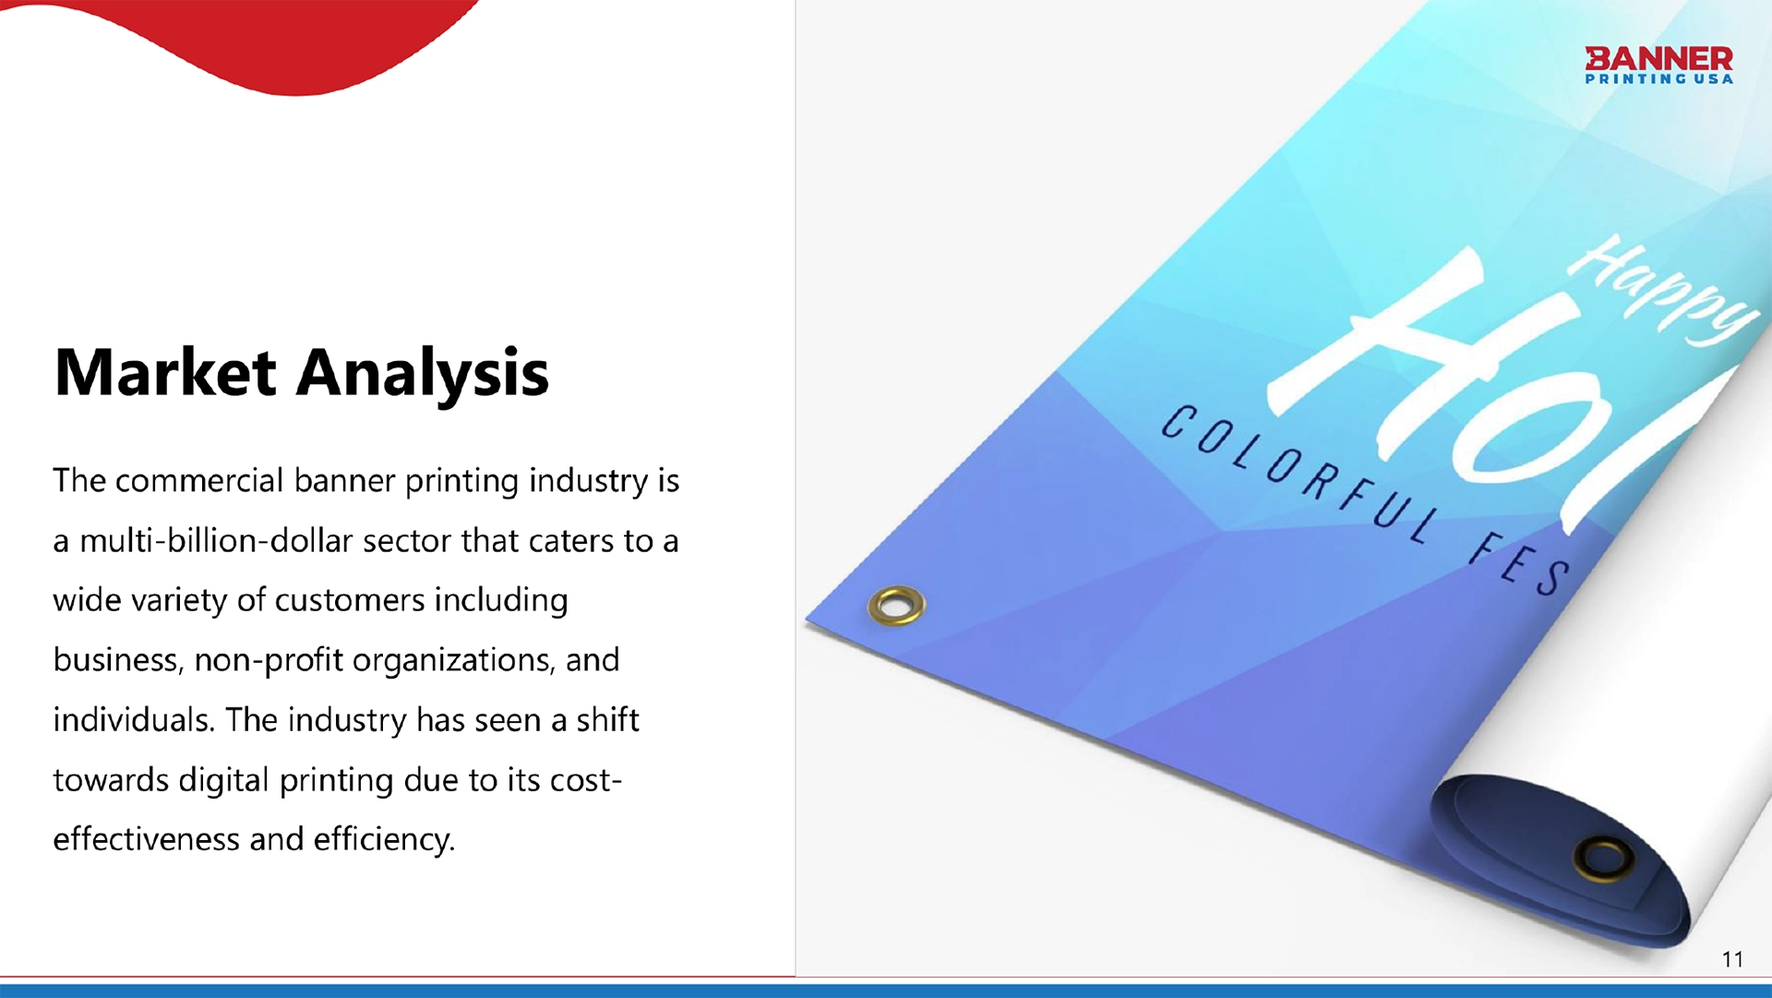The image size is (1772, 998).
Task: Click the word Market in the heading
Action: click(x=165, y=372)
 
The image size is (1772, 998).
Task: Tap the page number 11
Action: click(x=1732, y=960)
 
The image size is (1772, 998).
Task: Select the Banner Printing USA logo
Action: click(x=1658, y=66)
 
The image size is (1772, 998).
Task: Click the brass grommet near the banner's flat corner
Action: click(x=896, y=605)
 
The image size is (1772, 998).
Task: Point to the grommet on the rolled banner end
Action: click(x=1603, y=859)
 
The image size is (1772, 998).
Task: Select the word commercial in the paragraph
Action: click(x=199, y=481)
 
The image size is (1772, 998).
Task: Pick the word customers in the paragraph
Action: click(x=350, y=601)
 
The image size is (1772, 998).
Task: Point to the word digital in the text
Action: click(x=224, y=781)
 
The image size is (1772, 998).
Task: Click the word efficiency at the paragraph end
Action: click(x=384, y=840)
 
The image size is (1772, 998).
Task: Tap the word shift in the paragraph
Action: click(x=607, y=720)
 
